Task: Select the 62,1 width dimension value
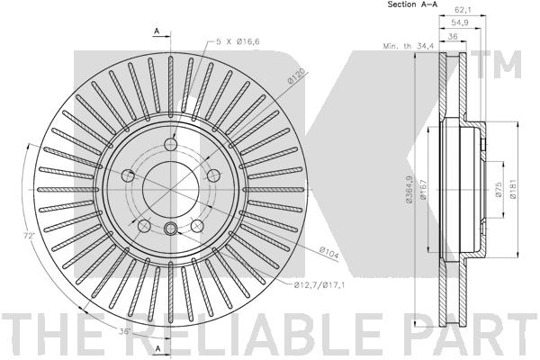click(x=463, y=10)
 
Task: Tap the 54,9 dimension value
click(x=459, y=22)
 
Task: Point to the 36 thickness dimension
click(x=453, y=36)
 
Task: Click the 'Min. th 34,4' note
click(x=409, y=46)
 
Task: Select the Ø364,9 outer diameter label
click(x=409, y=189)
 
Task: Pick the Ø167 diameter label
click(x=424, y=189)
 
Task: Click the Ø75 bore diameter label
click(x=499, y=189)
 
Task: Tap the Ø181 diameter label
click(x=513, y=189)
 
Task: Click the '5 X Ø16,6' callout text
click(x=238, y=41)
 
